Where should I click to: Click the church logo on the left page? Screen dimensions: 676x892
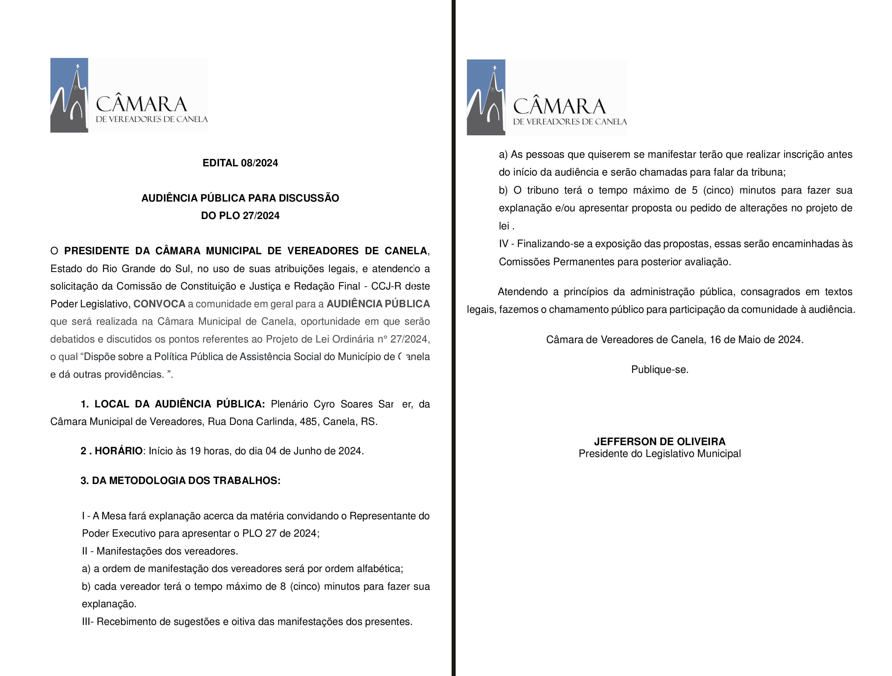[69, 95]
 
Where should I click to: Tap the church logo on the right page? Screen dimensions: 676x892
[486, 97]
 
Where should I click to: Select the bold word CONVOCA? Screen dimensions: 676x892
[159, 304]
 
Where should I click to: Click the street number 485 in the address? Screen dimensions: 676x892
[308, 422]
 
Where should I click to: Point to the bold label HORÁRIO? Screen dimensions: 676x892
[118, 451]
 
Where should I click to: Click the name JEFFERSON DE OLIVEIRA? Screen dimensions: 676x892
[659, 442]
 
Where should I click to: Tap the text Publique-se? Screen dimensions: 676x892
[660, 370]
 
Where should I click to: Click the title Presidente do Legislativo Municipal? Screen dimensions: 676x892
[659, 454]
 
